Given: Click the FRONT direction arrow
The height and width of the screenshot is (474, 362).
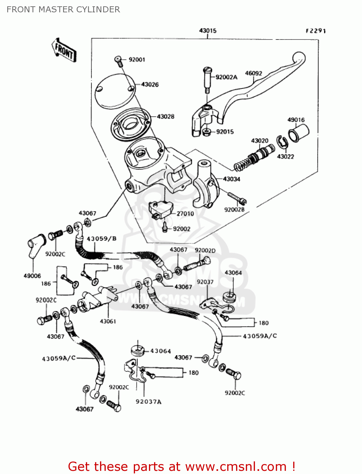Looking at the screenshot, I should click(64, 50).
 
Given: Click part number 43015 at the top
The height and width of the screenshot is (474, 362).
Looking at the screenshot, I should click(207, 31).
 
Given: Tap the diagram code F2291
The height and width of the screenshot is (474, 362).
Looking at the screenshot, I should click(315, 31).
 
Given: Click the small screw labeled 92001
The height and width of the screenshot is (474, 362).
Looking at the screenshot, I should click(119, 60).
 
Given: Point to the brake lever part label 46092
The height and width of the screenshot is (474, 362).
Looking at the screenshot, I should click(253, 73).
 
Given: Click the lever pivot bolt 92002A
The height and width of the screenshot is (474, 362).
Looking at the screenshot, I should click(207, 79).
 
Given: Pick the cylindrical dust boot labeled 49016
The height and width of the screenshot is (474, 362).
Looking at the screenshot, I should click(298, 133).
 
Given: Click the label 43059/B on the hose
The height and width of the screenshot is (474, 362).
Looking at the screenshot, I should click(102, 239).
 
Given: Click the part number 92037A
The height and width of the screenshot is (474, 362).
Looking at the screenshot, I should click(148, 402).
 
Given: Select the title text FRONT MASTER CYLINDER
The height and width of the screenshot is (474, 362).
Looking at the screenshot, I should click(63, 9).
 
